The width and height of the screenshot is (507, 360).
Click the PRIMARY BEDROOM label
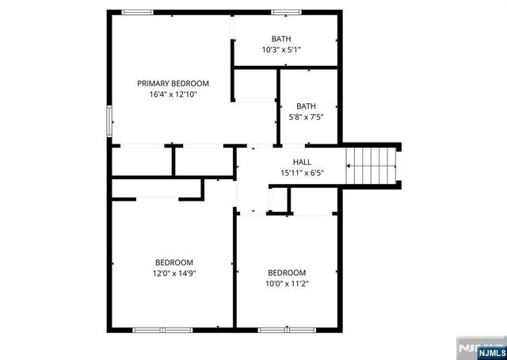173,83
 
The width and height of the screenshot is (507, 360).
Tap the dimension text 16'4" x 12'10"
173,94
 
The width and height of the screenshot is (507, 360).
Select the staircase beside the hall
372,166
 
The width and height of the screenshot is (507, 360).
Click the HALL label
302,162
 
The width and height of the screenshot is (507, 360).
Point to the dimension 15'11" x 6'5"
302,172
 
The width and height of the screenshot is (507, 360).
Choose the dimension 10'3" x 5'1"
281,49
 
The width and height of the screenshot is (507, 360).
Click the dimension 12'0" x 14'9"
173,273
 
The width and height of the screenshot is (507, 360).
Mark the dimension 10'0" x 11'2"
286,282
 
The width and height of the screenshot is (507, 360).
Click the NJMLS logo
478,349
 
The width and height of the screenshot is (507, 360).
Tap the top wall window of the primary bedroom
137,11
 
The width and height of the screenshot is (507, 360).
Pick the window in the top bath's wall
283,11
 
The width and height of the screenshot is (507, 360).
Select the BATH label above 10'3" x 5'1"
281,39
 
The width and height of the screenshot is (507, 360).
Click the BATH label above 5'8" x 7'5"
305,106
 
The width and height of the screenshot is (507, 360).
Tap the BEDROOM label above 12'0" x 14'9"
173,262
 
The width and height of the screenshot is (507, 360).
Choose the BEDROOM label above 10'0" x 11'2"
286,272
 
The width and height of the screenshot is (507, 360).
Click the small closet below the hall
277,201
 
